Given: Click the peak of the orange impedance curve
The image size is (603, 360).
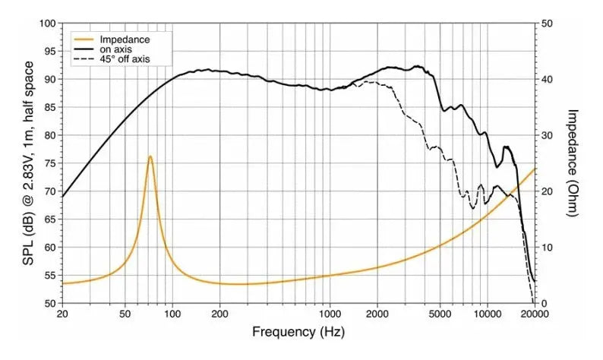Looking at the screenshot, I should [x=150, y=156].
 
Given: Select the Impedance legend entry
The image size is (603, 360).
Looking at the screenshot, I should [x=124, y=39].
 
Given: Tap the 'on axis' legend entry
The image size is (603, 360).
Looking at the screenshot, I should [x=116, y=49].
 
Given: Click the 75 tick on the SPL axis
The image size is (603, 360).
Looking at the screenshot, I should [x=49, y=163].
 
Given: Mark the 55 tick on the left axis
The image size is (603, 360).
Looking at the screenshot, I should [x=49, y=275].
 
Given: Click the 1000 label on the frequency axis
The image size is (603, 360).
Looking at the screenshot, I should [x=330, y=313].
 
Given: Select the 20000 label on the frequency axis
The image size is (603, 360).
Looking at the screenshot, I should [x=534, y=313].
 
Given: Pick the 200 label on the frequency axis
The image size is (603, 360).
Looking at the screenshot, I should [x=220, y=313].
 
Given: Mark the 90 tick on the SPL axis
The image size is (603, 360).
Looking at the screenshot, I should [x=49, y=80].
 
